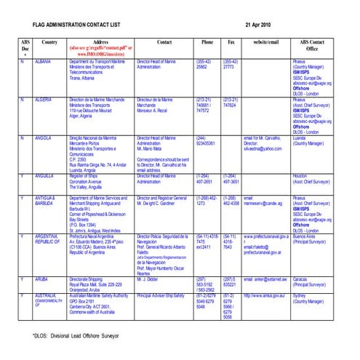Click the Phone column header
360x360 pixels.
pyautogui.click(x=207, y=43)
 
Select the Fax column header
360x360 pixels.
pyautogui.click(x=231, y=43)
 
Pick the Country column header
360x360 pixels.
pyautogui.click(x=50, y=43)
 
